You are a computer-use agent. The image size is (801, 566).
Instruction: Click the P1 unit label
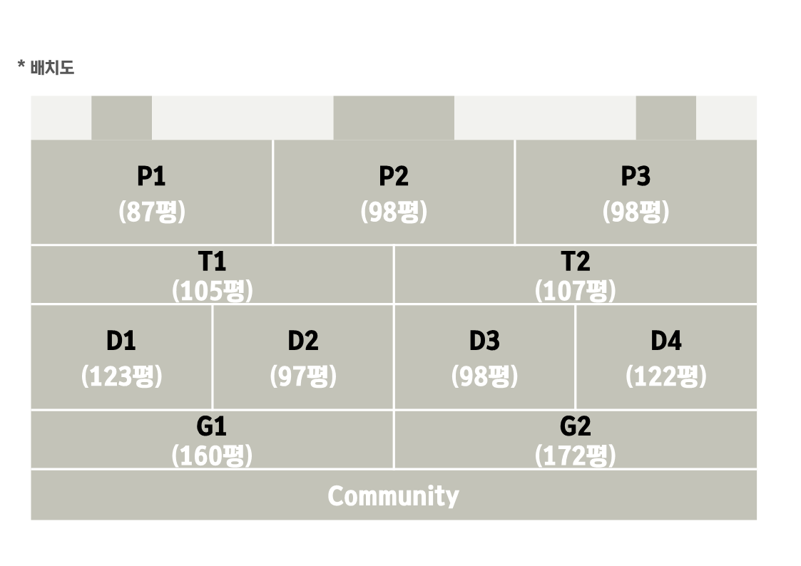point(151,176)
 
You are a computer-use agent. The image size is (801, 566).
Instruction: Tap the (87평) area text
point(152,211)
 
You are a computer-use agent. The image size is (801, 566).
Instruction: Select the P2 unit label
point(393,176)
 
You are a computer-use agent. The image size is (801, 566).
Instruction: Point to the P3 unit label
point(636,176)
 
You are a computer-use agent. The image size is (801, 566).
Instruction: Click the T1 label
point(212,262)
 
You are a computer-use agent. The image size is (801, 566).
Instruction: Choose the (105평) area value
point(212,290)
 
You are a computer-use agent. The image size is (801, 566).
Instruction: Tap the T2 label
point(575,262)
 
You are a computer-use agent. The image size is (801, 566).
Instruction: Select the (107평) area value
point(575,290)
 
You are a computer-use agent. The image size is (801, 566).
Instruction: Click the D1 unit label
point(121,341)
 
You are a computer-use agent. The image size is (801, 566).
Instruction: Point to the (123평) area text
point(121,376)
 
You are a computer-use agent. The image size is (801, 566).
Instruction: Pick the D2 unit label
point(303,341)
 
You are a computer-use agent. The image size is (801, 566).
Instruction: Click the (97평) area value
point(303,376)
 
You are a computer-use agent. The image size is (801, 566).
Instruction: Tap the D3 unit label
point(484,341)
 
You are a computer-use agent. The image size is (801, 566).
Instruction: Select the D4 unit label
point(666,341)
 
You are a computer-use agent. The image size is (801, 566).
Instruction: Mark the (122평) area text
point(666,376)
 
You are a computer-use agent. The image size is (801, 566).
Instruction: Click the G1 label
point(212,426)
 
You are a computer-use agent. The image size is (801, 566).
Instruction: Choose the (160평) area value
point(212,456)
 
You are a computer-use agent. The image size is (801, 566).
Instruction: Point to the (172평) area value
point(575,456)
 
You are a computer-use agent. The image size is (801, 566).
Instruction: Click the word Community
point(393,496)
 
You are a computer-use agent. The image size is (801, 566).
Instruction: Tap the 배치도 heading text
point(52,68)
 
